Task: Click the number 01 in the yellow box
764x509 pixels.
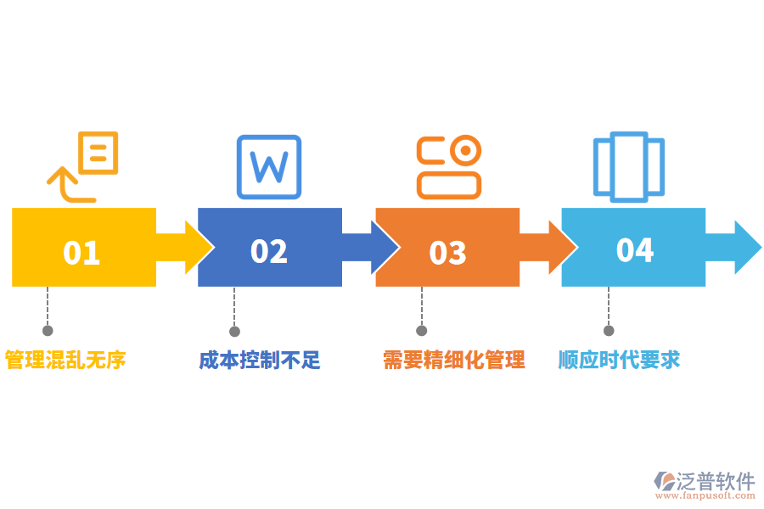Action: tap(81, 253)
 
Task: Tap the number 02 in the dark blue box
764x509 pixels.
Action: tap(269, 251)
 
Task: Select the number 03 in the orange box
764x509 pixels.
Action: tap(447, 253)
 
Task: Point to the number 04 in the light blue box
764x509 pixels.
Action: tap(635, 250)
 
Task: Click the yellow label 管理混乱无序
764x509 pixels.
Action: tap(65, 360)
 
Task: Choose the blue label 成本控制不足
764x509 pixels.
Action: tap(260, 360)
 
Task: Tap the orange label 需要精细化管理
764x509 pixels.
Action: tap(453, 360)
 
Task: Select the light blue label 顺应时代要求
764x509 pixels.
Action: tap(619, 360)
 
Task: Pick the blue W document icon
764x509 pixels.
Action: tap(268, 166)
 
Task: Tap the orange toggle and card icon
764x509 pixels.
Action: tap(449, 166)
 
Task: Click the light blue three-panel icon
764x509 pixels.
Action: tap(628, 166)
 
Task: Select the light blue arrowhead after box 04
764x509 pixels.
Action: tap(745, 247)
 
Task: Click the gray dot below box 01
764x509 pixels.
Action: tap(48, 331)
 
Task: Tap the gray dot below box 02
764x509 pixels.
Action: tap(234, 331)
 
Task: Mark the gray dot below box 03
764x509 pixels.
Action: tap(421, 331)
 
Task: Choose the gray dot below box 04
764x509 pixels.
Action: tap(608, 331)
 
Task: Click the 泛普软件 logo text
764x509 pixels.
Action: tap(715, 482)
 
